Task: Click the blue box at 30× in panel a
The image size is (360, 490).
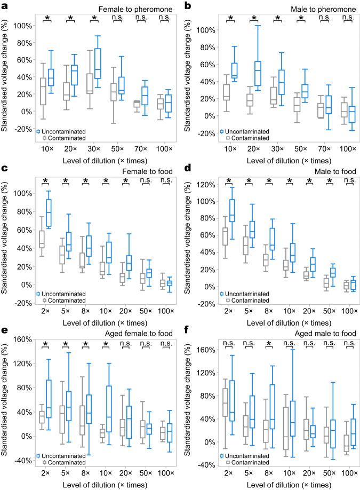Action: click(97, 63)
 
